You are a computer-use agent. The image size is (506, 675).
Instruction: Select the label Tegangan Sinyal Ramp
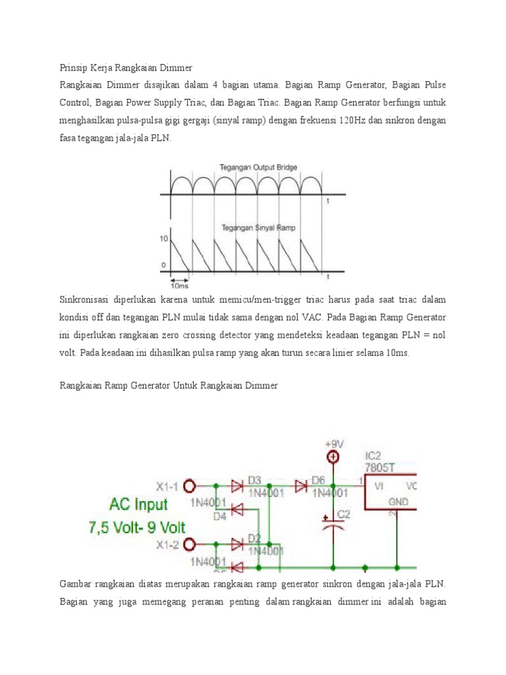(259, 227)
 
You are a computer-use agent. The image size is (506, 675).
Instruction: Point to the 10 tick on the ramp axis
(164, 238)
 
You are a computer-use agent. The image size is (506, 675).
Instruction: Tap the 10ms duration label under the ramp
(179, 285)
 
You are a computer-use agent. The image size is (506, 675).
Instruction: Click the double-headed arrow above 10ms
(180, 278)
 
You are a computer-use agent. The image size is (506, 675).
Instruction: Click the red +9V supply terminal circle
(334, 457)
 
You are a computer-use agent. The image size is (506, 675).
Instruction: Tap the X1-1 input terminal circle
(190, 486)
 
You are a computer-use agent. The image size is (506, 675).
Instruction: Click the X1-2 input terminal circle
(190, 544)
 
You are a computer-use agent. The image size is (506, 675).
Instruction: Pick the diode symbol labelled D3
(237, 486)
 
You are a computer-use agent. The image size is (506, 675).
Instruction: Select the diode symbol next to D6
(301, 486)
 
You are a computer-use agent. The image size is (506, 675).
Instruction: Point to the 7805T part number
(381, 467)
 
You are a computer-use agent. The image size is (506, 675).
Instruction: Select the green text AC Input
(128, 505)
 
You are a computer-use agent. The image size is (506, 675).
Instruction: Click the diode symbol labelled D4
(237, 508)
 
